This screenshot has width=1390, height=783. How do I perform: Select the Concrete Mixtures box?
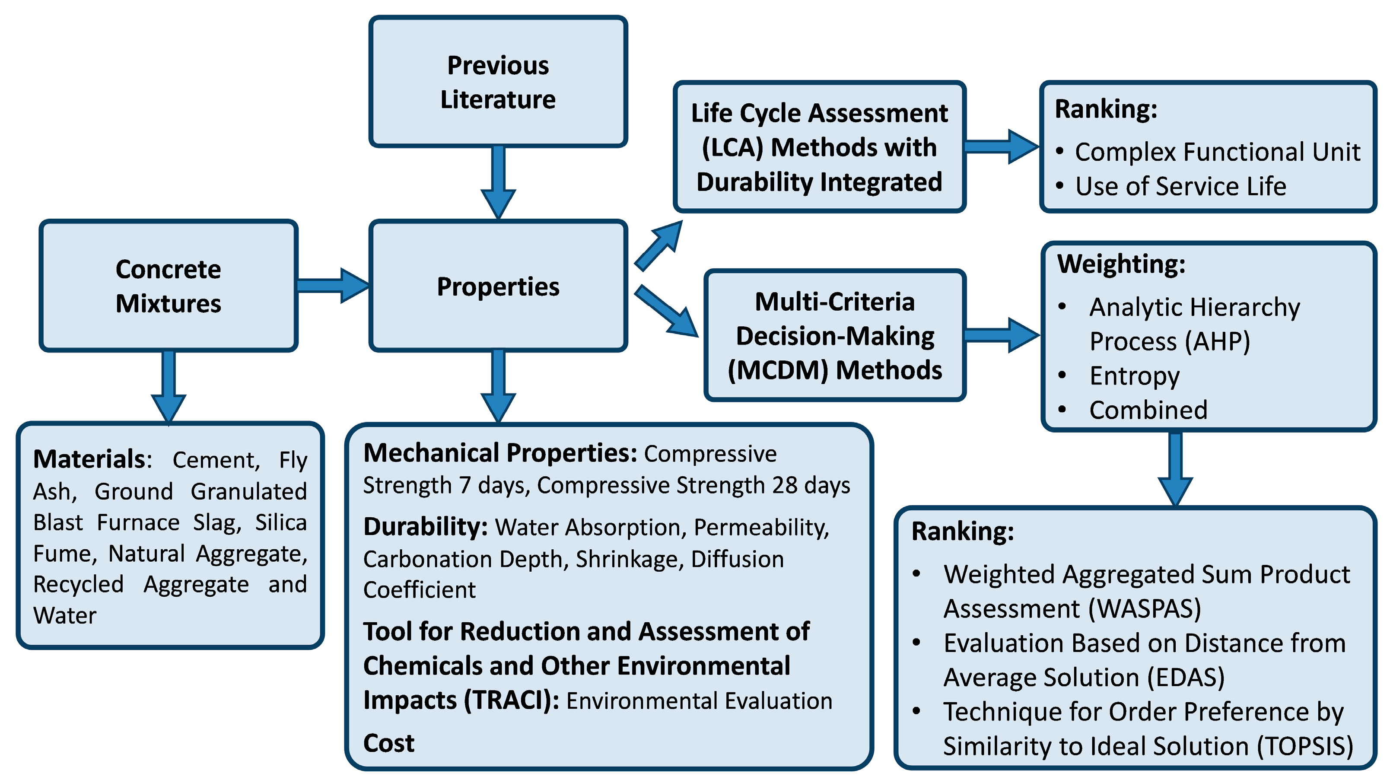tap(169, 286)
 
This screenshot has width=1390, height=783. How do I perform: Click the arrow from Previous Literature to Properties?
tap(498, 181)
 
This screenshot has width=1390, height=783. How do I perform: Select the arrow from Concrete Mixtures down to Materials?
tap(169, 386)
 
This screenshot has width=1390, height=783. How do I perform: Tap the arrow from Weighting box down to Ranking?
tap(1175, 468)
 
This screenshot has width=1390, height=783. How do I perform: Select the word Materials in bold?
tap(89, 459)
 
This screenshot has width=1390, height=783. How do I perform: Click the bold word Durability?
tap(426, 527)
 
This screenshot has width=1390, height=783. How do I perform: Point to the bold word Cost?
tap(388, 743)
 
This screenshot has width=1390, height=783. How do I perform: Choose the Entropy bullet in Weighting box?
tap(1134, 376)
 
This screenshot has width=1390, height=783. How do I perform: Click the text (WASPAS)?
tap(1144, 609)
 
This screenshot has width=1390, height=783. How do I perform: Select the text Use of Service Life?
tap(1180, 186)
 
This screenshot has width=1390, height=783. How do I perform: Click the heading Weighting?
tap(1121, 264)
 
